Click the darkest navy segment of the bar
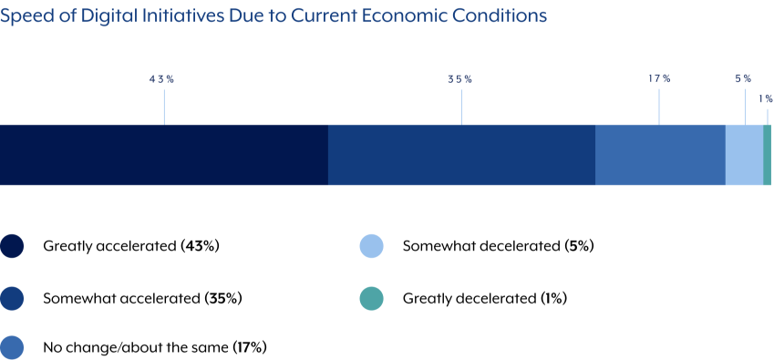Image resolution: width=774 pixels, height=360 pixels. pyautogui.click(x=164, y=155)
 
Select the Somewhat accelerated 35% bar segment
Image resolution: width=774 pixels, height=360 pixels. pyautogui.click(x=461, y=155)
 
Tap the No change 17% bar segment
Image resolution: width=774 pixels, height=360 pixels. pyautogui.click(x=660, y=155)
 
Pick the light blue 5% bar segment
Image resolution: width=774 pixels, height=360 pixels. pyautogui.click(x=744, y=155)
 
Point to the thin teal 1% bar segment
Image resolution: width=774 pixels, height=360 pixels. pyautogui.click(x=768, y=155)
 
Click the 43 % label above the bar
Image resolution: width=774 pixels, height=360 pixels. pyautogui.click(x=161, y=79)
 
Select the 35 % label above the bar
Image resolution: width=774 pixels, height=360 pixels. pyautogui.click(x=459, y=79)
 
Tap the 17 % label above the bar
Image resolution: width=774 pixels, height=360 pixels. pyautogui.click(x=659, y=79)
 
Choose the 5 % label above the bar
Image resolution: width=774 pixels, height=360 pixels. pyautogui.click(x=743, y=79)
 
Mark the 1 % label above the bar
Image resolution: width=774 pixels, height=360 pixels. pyautogui.click(x=766, y=98)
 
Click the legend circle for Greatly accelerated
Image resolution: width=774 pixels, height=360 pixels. pyautogui.click(x=12, y=246)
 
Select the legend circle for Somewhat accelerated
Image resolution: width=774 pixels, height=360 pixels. pyautogui.click(x=12, y=298)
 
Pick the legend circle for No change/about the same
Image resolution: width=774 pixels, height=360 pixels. pyautogui.click(x=12, y=347)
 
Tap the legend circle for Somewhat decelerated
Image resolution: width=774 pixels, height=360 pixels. pyautogui.click(x=371, y=246)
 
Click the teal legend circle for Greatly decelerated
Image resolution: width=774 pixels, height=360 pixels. pyautogui.click(x=371, y=298)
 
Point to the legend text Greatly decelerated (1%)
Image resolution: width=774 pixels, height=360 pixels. pyautogui.click(x=484, y=298)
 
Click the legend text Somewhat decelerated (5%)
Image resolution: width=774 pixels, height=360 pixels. pyautogui.click(x=498, y=246)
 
